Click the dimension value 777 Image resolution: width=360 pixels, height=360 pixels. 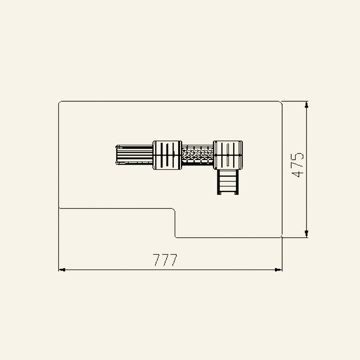tap(165, 260)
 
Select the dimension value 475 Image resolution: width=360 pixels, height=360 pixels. tap(297, 165)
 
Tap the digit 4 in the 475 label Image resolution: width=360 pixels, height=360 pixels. tap(297, 174)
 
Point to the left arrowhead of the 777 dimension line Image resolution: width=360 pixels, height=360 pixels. tap(62, 270)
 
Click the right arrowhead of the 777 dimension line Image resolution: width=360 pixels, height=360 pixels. tap(278, 270)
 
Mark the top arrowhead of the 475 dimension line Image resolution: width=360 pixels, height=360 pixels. tap(306, 105)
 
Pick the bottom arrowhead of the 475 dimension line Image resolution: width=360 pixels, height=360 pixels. tap(306, 234)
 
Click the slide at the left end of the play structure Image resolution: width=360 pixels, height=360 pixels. tap(134, 155)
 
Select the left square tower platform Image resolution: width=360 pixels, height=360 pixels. tap(167, 155)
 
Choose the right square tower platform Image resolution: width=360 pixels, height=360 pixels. tap(228, 155)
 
